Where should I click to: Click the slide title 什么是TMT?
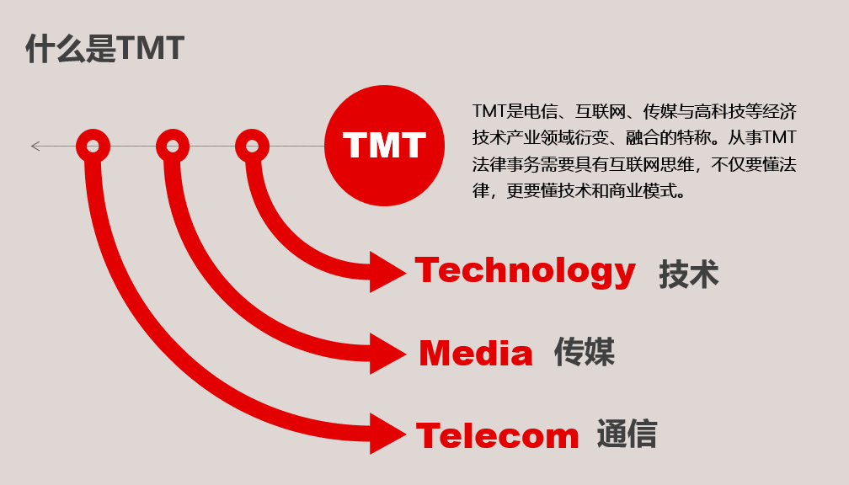[105, 48]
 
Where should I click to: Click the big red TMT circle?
[384, 146]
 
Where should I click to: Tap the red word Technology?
[526, 272]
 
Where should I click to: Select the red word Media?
[476, 353]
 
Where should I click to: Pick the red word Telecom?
[498, 435]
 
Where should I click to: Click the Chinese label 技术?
[689, 274]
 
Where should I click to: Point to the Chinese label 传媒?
[585, 352]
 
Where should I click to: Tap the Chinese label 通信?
[627, 434]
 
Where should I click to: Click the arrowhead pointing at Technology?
[387, 272]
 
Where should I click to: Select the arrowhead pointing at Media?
[387, 354]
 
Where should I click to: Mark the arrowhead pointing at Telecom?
[387, 434]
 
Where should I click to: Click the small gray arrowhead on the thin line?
[35, 146]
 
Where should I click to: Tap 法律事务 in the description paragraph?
[506, 164]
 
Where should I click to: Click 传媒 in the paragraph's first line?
[660, 111]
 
